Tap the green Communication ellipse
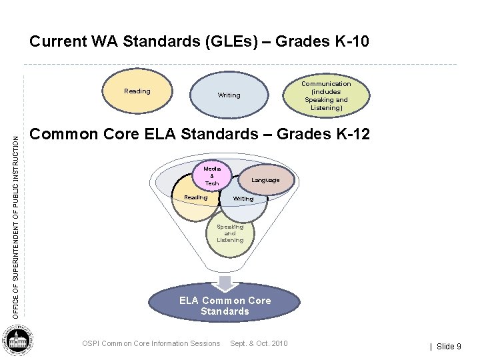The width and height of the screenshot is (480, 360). coord(326,95)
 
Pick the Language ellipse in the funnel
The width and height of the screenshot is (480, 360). coord(265,180)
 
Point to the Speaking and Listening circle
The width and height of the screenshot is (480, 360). coord(230,234)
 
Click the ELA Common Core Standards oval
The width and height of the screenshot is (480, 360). coord(225,306)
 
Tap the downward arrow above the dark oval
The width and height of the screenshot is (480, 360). coord(226,282)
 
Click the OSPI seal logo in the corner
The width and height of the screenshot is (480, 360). coord(19,342)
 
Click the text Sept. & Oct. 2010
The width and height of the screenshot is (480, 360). coord(259,343)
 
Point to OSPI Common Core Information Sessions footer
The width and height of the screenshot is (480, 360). coord(151,343)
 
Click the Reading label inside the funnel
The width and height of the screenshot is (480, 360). coord(195,197)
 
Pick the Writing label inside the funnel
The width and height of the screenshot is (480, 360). coord(243,199)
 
